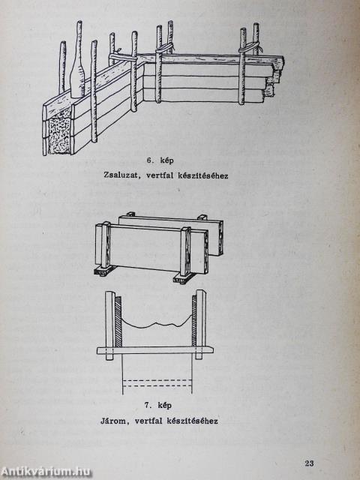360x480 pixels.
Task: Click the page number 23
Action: click(309, 463)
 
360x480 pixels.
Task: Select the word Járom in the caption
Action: click(113, 421)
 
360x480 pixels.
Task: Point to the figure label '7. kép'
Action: click(158, 405)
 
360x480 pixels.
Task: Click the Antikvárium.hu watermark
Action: click(46, 472)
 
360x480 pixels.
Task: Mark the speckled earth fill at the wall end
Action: click(60, 132)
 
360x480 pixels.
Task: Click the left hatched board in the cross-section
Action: click(118, 321)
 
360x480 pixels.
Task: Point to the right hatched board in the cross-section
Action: click(194, 321)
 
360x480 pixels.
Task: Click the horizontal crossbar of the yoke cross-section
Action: click(155, 350)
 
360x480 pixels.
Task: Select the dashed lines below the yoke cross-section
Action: click(157, 383)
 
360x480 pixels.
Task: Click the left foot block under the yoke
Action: click(105, 271)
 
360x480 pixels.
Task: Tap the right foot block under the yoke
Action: click(184, 277)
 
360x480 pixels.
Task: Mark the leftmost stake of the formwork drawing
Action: click(62, 67)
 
